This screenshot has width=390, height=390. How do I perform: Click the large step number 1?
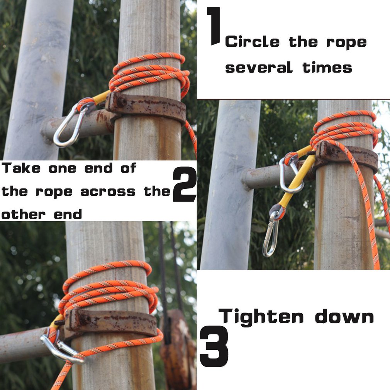214,26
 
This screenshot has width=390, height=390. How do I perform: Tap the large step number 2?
185,184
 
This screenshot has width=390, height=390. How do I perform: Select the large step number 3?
214,346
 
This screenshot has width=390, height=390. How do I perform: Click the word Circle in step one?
252,42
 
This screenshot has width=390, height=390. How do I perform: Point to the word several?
259,67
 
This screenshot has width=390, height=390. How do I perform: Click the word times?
327,67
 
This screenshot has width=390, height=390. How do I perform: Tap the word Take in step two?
21,168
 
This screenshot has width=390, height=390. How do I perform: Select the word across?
108,192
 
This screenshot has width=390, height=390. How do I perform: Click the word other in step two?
24,214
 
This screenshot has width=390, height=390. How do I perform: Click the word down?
344,316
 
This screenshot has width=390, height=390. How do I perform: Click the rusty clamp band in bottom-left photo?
111,322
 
